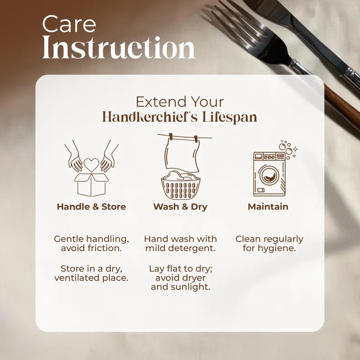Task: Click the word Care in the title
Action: click(x=69, y=24)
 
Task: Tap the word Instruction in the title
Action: click(x=119, y=48)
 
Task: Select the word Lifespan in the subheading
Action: click(x=229, y=117)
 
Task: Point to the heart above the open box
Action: click(x=92, y=165)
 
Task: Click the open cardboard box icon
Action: click(x=92, y=185)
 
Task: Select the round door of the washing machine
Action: click(x=269, y=175)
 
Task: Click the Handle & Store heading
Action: click(x=92, y=207)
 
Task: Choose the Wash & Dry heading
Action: click(x=180, y=207)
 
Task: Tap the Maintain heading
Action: click(x=268, y=207)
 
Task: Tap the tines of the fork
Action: click(x=239, y=25)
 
